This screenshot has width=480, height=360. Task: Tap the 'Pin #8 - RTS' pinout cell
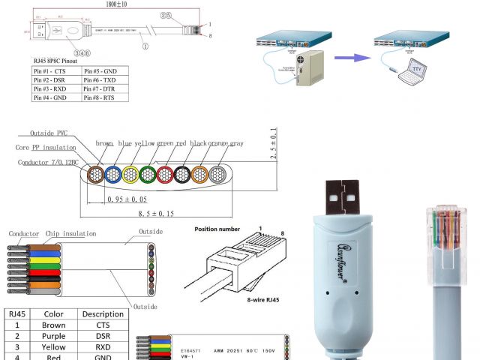click(104, 97)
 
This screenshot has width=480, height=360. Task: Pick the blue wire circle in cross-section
click(114, 175)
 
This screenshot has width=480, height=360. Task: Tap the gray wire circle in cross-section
click(217, 175)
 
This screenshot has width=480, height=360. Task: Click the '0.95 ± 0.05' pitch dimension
click(126, 199)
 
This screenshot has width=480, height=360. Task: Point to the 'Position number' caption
click(217, 229)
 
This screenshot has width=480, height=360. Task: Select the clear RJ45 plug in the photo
click(447, 229)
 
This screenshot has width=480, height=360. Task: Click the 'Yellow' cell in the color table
click(54, 347)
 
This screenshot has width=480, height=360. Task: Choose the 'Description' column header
click(103, 314)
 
